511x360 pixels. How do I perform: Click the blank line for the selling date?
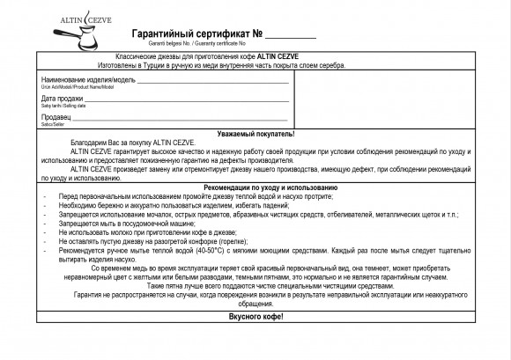tap(185, 101)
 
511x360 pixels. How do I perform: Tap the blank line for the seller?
tap(181, 120)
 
